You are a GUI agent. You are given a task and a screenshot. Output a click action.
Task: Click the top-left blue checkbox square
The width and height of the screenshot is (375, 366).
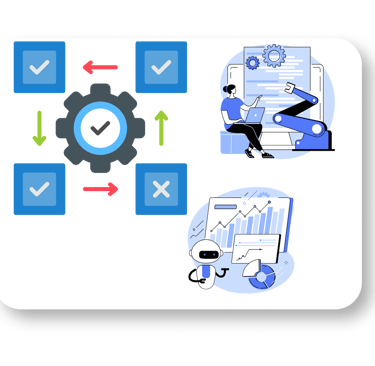coord(40,67)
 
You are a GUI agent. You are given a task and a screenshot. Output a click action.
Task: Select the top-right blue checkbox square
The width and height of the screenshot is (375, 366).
coord(160,67)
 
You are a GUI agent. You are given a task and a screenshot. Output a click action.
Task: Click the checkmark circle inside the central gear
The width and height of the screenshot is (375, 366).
coord(100,128)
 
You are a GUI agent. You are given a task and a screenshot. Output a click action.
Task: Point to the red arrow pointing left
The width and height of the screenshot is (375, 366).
coord(100,68)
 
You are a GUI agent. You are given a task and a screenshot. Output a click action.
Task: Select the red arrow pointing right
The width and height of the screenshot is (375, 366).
coord(100,188)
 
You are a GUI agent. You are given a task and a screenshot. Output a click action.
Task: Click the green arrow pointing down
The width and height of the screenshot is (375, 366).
coord(40,128)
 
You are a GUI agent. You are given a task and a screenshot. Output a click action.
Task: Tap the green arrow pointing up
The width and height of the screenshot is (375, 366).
coord(161,128)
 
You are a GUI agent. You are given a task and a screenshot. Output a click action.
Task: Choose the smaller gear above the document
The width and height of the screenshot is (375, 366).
coord(252,62)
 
